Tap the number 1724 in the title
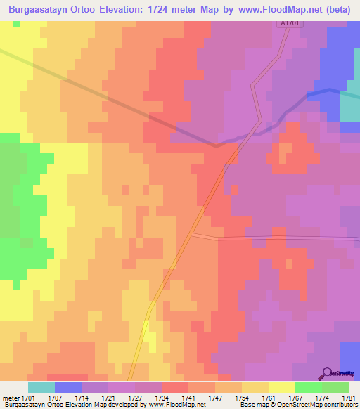pyautogui.click(x=186, y=9)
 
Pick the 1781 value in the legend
pyautogui.click(x=349, y=398)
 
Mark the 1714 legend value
pyautogui.click(x=67, y=398)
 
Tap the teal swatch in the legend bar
pyautogui.click(x=41, y=387)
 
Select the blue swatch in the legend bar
pyautogui.click(x=67, y=387)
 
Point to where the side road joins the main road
pyautogui.click(x=193, y=234)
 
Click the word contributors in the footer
pyautogui.click(x=339, y=405)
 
